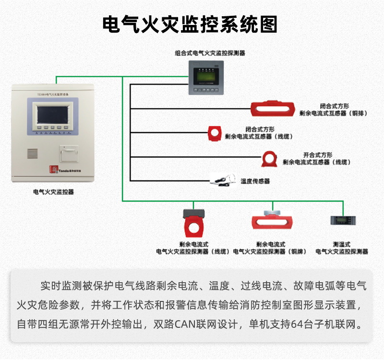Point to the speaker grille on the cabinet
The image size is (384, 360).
tap(32, 154)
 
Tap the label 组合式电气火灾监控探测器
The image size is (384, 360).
tap(210, 53)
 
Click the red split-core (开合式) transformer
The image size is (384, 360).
tap(269, 157)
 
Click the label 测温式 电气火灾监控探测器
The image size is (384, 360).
tap(341, 248)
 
